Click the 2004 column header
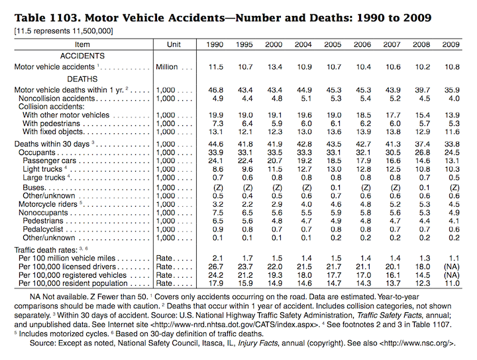[x=303, y=44]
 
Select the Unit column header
[x=174, y=44]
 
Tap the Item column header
[x=82, y=44]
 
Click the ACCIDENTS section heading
[x=82, y=56]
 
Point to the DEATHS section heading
[x=82, y=79]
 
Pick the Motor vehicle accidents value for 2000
[x=275, y=67]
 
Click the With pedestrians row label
[x=51, y=123]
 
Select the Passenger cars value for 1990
[x=216, y=160]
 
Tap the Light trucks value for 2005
[x=334, y=169]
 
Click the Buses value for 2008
[x=425, y=188]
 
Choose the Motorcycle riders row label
[x=48, y=204]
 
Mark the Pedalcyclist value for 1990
[x=218, y=229]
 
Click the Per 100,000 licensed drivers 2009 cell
[x=451, y=267]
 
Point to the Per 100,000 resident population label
[x=73, y=283]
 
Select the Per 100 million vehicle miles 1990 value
[x=218, y=259]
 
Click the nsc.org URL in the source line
[x=417, y=343]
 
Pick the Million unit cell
[x=167, y=67]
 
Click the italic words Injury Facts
[x=258, y=343]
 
